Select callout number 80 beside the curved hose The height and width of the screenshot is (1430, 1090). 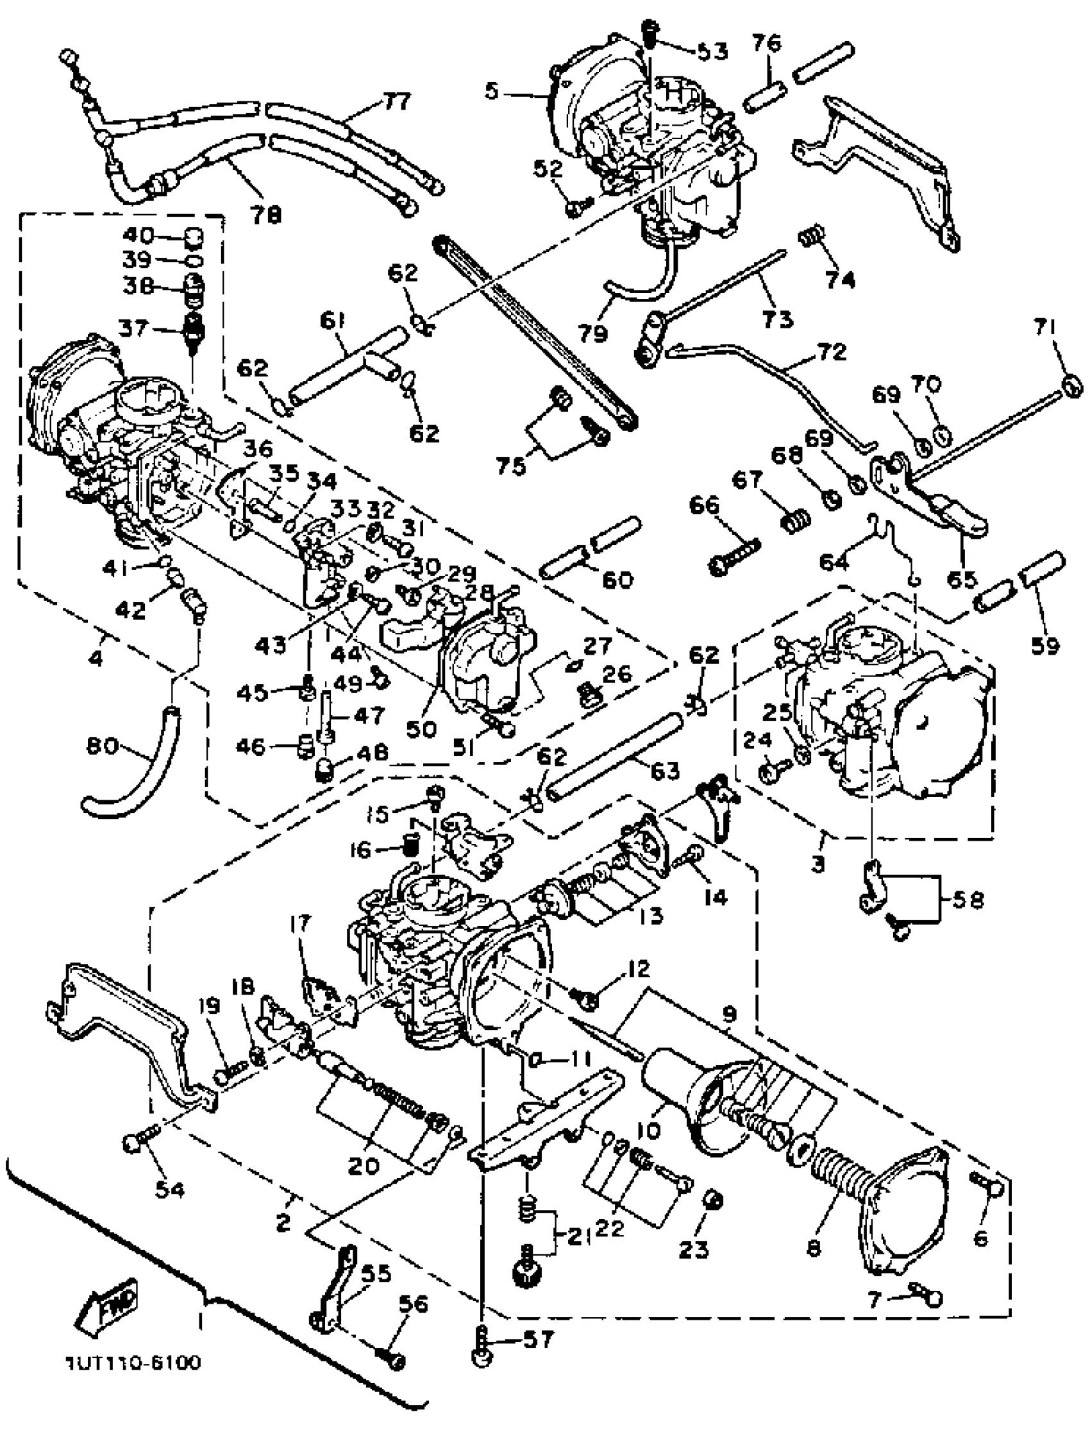(102, 747)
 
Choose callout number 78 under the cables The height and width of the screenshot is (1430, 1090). (266, 214)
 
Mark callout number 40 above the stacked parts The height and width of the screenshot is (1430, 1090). (138, 235)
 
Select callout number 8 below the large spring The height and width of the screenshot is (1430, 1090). (814, 1247)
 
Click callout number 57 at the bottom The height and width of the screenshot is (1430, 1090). (539, 1338)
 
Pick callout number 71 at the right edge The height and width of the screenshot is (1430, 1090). (1045, 330)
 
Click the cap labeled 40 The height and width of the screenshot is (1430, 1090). (194, 239)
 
